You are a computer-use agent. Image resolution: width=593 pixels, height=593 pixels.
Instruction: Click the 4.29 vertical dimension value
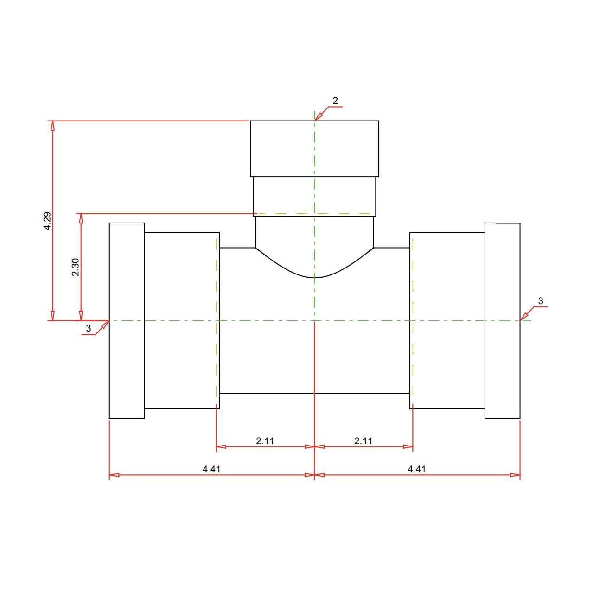pos(47,221)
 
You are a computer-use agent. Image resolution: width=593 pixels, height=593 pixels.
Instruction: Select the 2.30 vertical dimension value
pos(76,267)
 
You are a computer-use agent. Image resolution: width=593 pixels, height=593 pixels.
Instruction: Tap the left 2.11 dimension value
pos(265,440)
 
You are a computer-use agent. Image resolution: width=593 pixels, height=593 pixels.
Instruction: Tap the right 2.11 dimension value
pos(363,440)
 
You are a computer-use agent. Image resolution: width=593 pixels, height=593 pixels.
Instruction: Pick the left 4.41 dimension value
pos(211,469)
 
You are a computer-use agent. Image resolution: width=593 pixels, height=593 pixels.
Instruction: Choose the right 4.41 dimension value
pos(416,469)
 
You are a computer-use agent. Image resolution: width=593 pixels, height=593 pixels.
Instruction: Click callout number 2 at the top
pos(335,101)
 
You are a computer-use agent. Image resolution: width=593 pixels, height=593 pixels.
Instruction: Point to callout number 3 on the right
pos(540,301)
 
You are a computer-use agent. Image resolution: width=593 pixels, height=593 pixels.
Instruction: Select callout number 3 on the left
pos(89,328)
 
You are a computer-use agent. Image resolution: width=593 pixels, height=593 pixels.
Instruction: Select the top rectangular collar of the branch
pos(314,148)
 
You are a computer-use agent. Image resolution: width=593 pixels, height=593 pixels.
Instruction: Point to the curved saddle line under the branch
pos(314,277)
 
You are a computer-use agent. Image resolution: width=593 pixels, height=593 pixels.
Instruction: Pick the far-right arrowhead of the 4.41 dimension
pos(516,475)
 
